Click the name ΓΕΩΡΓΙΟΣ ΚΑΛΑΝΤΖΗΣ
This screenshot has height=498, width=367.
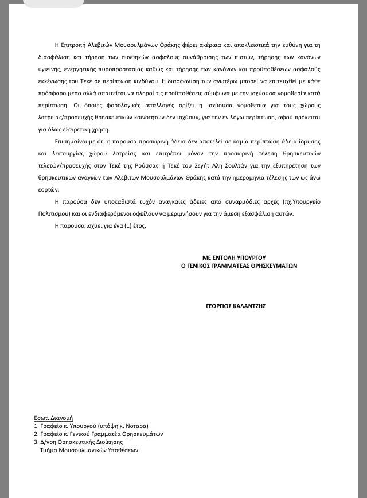click(x=235, y=306)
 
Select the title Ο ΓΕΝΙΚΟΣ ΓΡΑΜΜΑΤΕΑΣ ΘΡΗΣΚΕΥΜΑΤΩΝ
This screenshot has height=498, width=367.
click(x=239, y=266)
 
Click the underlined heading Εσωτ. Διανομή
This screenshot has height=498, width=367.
click(x=53, y=418)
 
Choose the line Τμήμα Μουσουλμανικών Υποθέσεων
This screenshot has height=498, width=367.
click(x=89, y=450)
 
